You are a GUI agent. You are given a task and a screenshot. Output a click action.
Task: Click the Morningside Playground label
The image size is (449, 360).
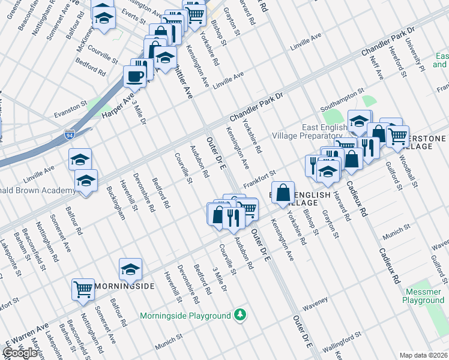tap(185, 316)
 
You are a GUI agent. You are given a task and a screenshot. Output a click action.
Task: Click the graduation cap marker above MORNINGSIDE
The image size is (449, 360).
tap(130, 270)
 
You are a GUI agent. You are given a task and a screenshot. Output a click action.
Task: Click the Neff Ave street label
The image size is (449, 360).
tap(376, 67)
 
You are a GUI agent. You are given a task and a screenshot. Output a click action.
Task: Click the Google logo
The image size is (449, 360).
tap(20, 352)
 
